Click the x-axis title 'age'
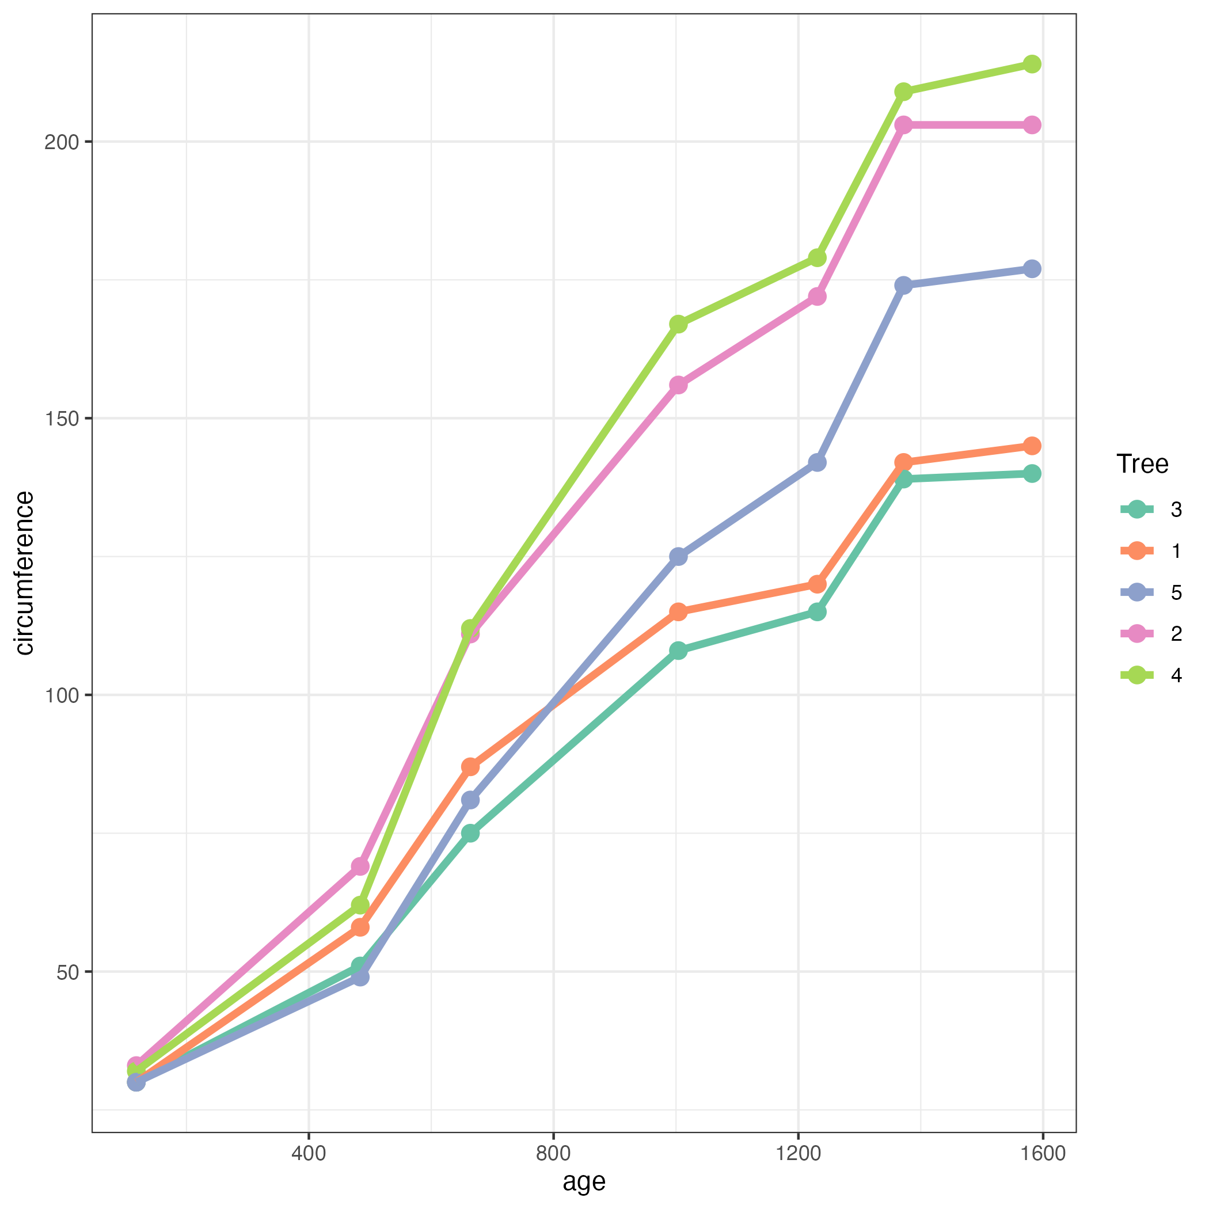(584, 1181)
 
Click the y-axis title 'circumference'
(24, 573)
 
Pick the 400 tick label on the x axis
(309, 1153)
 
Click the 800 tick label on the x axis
(554, 1153)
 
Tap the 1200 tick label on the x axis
(798, 1153)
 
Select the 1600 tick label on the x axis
(1043, 1153)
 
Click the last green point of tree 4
(1032, 64)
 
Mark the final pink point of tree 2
(1032, 125)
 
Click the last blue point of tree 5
(1032, 269)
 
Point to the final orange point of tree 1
(1032, 446)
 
